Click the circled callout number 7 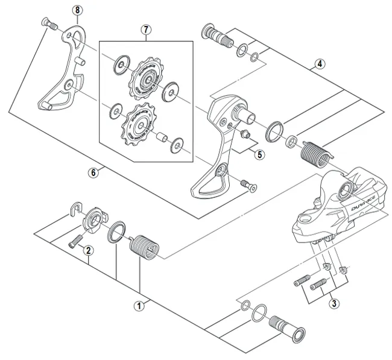tap(145, 28)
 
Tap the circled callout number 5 tap(259, 154)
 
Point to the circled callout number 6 tap(93, 172)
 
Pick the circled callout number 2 tap(88, 250)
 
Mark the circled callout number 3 tap(334, 303)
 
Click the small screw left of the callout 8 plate tap(46, 24)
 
